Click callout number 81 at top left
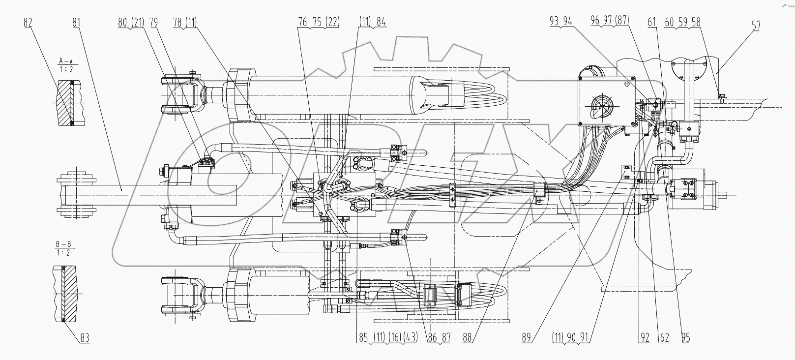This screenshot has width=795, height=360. tap(76, 23)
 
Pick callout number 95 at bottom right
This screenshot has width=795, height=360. tap(685, 338)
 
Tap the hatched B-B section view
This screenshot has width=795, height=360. tap(65, 294)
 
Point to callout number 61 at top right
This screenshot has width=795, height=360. tap(652, 23)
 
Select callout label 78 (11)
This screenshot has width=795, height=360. tap(184, 23)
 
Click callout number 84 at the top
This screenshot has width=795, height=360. tap(381, 23)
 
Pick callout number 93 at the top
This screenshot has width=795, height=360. tap(555, 23)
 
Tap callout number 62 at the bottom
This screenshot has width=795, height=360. tap(664, 338)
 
